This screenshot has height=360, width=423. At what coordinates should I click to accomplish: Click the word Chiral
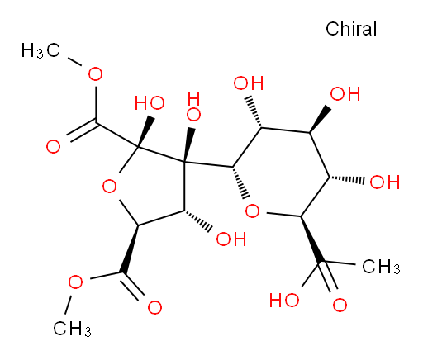tap(351, 29)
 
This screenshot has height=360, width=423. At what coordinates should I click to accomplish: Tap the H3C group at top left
tap(40, 50)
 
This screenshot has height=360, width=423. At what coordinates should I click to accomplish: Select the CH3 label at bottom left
tap(72, 329)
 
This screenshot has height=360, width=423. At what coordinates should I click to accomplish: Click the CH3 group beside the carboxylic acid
tap(381, 267)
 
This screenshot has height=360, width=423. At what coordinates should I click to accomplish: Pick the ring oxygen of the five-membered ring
tap(109, 187)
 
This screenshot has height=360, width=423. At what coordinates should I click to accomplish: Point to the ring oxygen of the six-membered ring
tap(252, 211)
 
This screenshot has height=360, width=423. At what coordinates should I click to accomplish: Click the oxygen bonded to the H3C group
tap(95, 73)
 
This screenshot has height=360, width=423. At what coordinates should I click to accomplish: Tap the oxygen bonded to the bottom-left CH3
tap(75, 282)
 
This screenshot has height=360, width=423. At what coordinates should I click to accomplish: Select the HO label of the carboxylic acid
tap(284, 300)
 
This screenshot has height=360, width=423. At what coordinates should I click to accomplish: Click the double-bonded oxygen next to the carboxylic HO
tap(340, 305)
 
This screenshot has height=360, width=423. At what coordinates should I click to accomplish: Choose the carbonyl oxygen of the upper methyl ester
tap(53, 146)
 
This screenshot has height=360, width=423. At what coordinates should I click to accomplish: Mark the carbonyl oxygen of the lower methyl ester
tap(154, 307)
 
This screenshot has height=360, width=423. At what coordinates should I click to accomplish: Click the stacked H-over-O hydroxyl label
tap(193, 107)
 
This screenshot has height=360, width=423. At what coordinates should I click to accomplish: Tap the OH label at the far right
tap(385, 182)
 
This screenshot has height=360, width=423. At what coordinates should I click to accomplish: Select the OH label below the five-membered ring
tap(231, 239)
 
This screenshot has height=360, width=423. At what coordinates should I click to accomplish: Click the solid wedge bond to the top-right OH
tap(320, 119)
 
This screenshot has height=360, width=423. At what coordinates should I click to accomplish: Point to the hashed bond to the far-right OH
tap(347, 179)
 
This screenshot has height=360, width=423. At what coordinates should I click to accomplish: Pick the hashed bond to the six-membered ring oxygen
tap(240, 182)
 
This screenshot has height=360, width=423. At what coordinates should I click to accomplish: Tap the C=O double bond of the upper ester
tap(83, 130)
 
